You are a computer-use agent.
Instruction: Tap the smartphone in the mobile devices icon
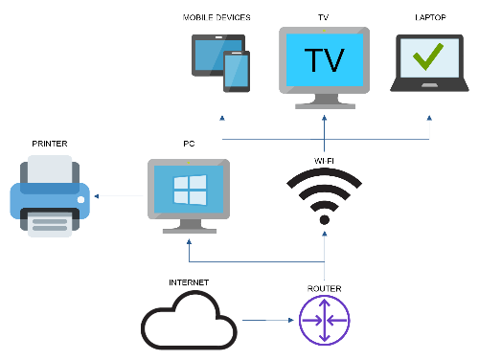(236, 72)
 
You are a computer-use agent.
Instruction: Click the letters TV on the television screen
(323, 59)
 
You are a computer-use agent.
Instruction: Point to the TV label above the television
(323, 18)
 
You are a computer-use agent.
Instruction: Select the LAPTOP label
(429, 18)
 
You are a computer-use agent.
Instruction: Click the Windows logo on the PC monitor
(189, 191)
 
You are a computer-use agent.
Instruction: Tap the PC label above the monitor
(189, 144)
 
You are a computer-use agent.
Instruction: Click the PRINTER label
(50, 144)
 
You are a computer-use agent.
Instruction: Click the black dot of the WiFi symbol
(325, 219)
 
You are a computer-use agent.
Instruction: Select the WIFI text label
(325, 159)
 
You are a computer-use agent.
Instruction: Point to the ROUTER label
(325, 288)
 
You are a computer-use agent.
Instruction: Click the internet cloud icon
(189, 323)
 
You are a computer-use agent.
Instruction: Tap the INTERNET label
(189, 282)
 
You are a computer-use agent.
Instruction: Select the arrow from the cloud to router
(266, 321)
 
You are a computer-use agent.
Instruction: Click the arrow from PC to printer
(119, 197)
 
